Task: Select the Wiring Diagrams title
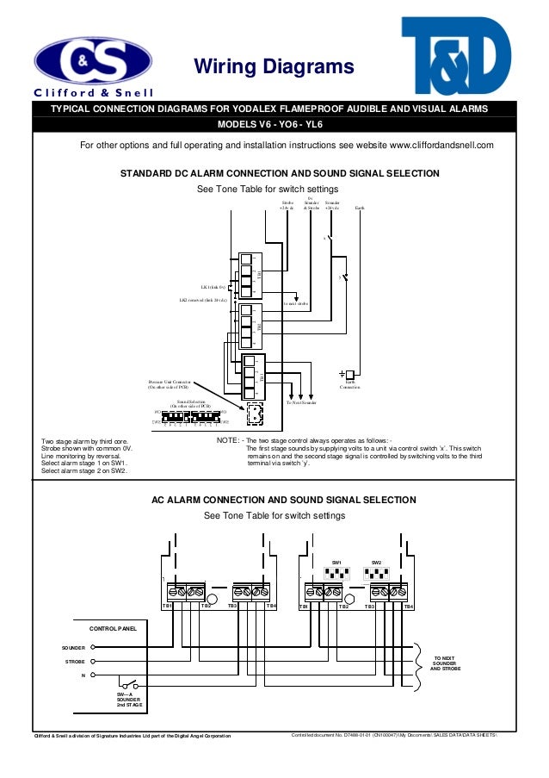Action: pos(274,67)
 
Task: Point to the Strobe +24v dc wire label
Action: pos(287,205)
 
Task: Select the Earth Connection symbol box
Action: pos(349,375)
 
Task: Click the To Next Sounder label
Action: pos(301,402)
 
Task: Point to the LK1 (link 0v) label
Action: pos(213,286)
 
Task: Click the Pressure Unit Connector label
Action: pos(169,383)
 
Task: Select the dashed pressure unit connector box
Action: pos(255,414)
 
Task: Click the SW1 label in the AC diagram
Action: pos(336,562)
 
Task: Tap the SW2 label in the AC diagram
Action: pos(376,562)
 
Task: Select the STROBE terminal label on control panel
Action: pos(75,662)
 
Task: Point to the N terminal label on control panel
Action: pos(83,675)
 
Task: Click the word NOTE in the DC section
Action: pos(228,440)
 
